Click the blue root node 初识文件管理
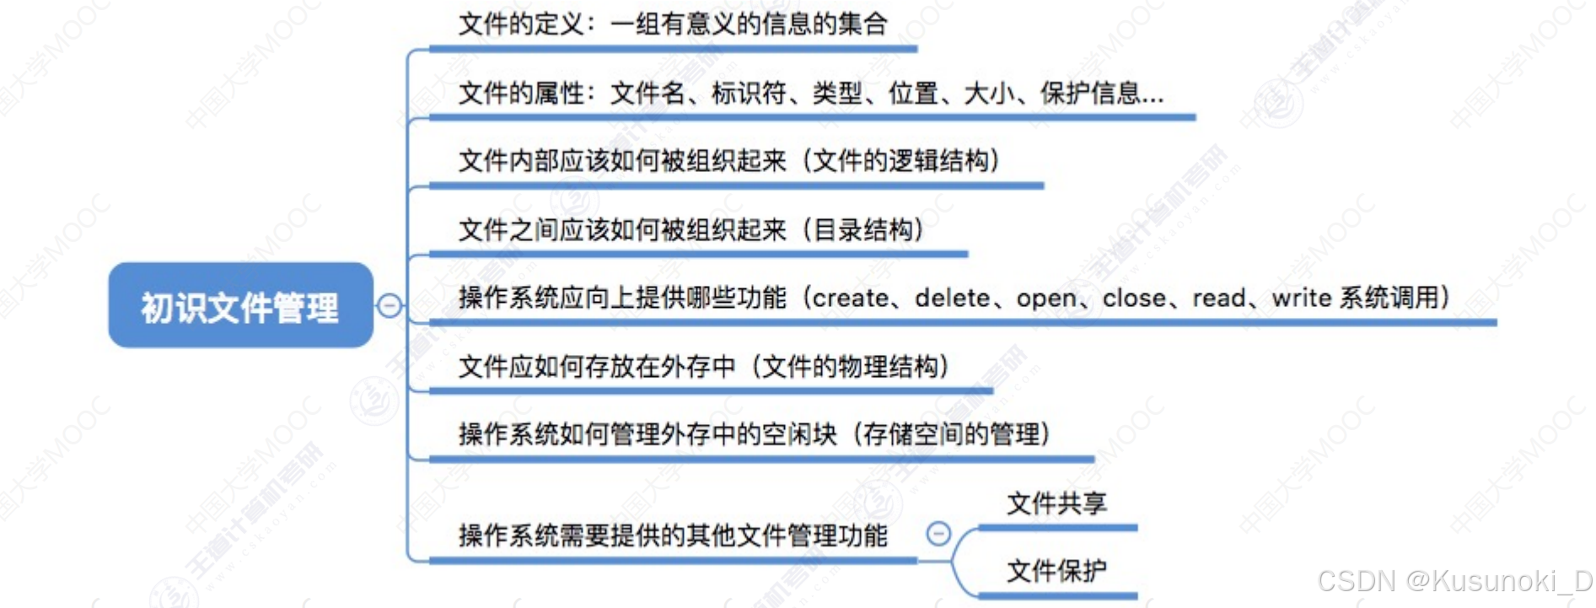coord(240,305)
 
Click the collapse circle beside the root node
coord(390,305)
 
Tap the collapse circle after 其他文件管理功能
coord(938,533)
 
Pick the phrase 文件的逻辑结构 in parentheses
coord(900,160)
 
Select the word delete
coord(952,298)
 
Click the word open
coord(1045,298)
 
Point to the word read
coord(1218,298)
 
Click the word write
coord(1299,298)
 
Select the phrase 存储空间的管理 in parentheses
coord(951,434)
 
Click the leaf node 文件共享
coord(1056,503)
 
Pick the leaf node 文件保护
coord(1056,571)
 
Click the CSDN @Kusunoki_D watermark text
coord(1454,581)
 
